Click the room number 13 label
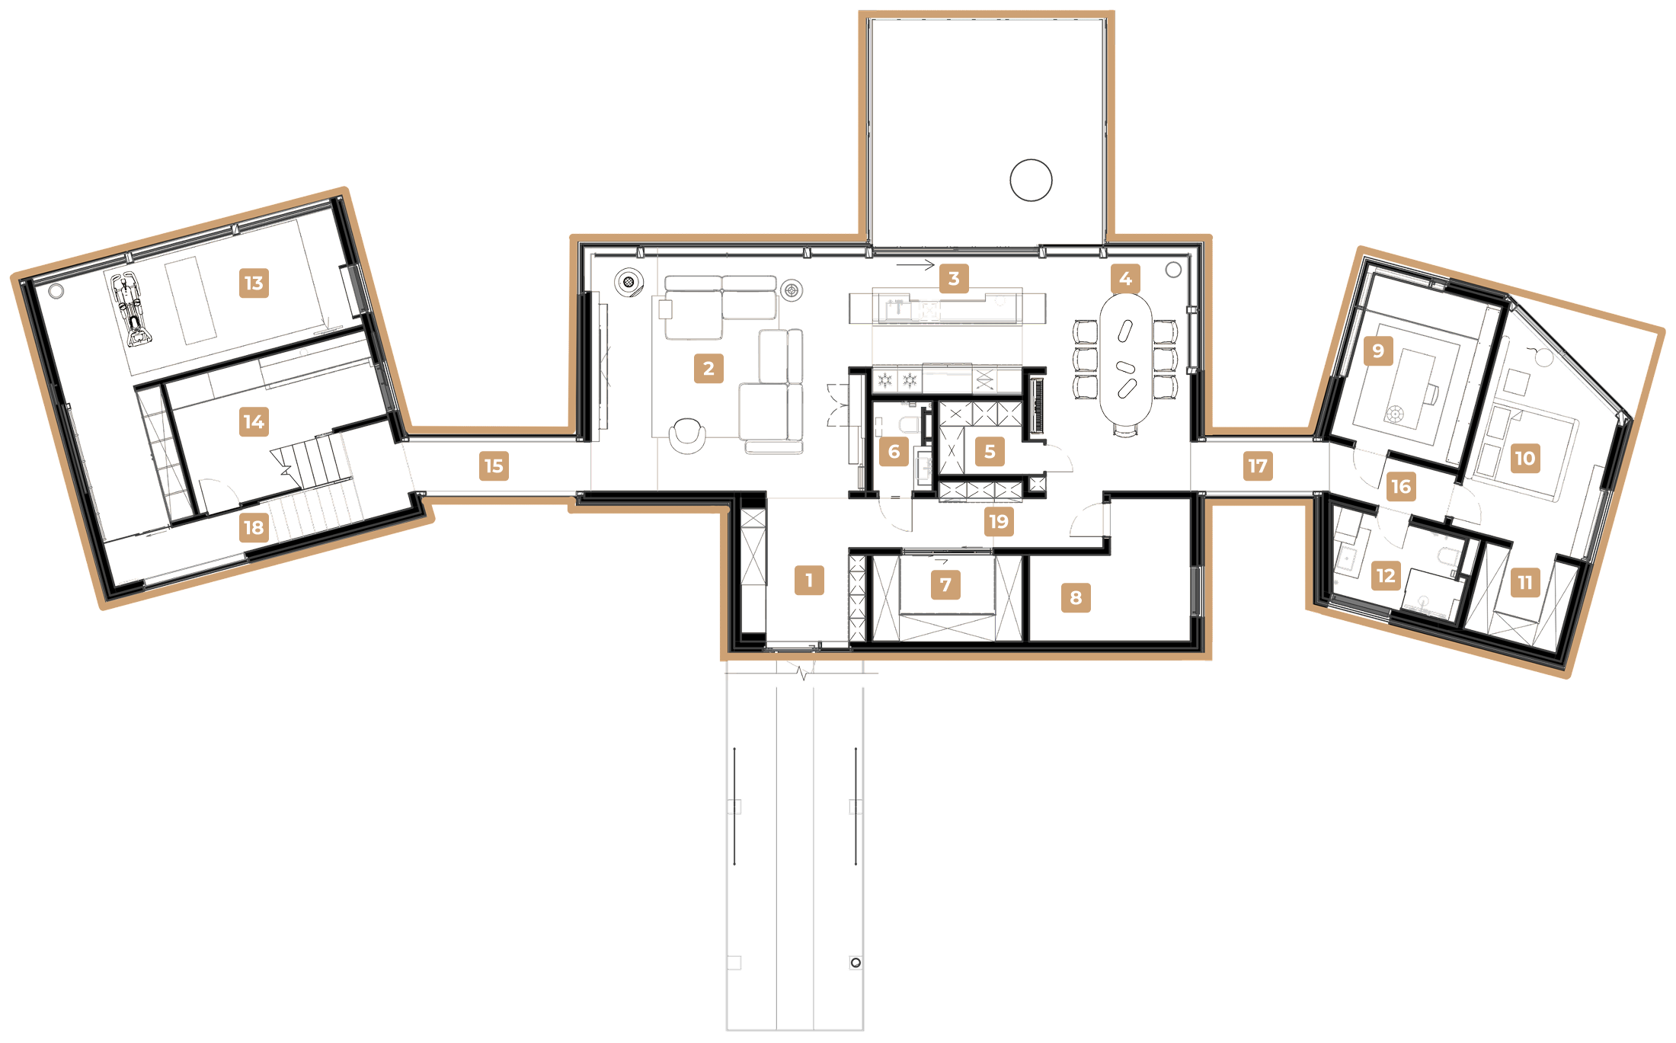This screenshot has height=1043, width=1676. pyautogui.click(x=254, y=283)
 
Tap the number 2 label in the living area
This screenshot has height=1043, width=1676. pyautogui.click(x=708, y=369)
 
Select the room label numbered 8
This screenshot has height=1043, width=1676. pyautogui.click(x=1076, y=598)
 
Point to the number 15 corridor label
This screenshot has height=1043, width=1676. pyautogui.click(x=494, y=466)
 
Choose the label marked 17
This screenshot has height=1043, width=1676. pyautogui.click(x=1258, y=466)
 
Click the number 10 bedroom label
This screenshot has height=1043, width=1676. pyautogui.click(x=1524, y=458)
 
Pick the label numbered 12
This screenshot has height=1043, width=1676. pyautogui.click(x=1386, y=576)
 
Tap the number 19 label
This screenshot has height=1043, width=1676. pyautogui.click(x=999, y=522)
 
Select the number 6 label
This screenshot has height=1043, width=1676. pyautogui.click(x=894, y=452)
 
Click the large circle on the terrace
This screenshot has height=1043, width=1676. pyautogui.click(x=1031, y=181)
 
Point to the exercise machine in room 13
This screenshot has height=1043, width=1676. pyautogui.click(x=131, y=309)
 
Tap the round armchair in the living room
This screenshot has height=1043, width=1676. pyautogui.click(x=687, y=434)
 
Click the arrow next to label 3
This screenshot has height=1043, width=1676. pyautogui.click(x=915, y=265)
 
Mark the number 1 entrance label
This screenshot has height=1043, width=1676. pyautogui.click(x=809, y=580)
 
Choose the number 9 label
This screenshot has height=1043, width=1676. pyautogui.click(x=1378, y=351)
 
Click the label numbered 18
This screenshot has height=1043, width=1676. pyautogui.click(x=254, y=527)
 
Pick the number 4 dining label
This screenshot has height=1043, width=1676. pyautogui.click(x=1125, y=279)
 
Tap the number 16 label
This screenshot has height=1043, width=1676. pyautogui.click(x=1401, y=487)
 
